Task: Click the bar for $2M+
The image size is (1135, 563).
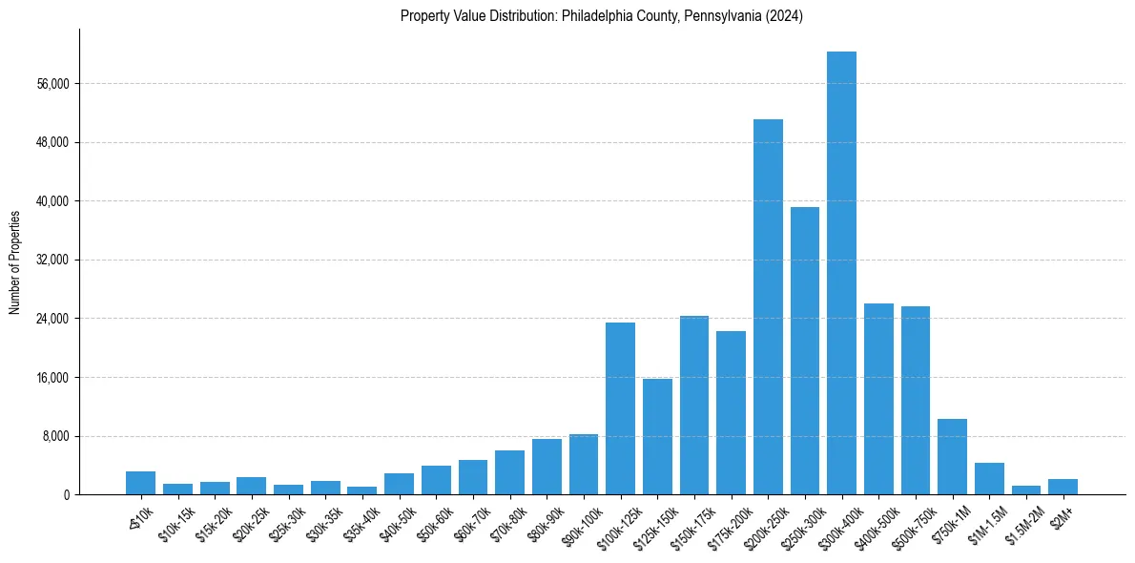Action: coord(1063,487)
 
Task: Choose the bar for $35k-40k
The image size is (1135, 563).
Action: coord(361,490)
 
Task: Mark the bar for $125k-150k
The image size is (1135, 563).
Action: coord(657,436)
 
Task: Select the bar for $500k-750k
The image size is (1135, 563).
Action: coord(916,400)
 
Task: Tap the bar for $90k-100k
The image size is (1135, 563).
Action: coord(584,464)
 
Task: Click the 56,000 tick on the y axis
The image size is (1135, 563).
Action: coord(52,84)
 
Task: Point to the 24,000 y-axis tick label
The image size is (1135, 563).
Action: coord(52,319)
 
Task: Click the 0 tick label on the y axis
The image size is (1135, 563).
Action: coord(67,495)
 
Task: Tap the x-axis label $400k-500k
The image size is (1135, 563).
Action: coord(875,520)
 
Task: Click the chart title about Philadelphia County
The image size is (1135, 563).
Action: coord(602,15)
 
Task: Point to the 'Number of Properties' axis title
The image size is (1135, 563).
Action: coord(15,261)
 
